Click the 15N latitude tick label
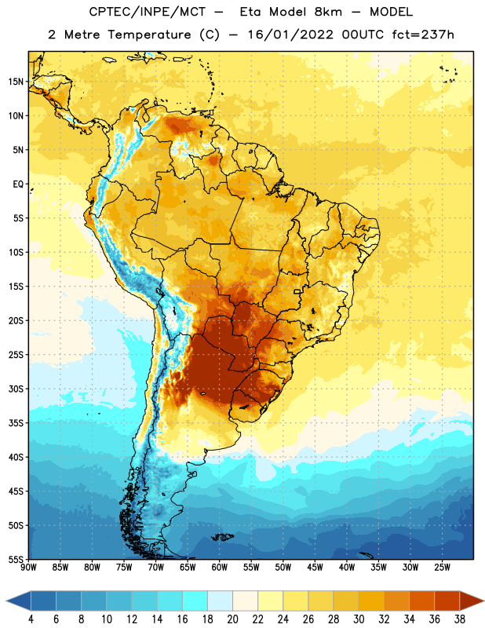tap(16, 82)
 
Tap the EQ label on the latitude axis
tap(18, 184)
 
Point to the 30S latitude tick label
tap(16, 389)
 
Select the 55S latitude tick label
tap(16, 560)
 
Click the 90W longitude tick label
tap(28, 568)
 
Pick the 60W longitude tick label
tap(220, 568)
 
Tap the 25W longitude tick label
tap(442, 568)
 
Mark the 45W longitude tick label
tap(315, 568)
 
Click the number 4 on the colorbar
tap(31, 619)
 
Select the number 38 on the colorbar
tap(460, 619)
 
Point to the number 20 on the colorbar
tap(232, 619)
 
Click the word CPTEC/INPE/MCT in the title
tap(148, 12)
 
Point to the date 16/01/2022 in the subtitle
tap(290, 35)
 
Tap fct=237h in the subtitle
tap(423, 35)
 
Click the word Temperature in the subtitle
tap(149, 35)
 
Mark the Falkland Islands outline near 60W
tap(221, 536)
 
